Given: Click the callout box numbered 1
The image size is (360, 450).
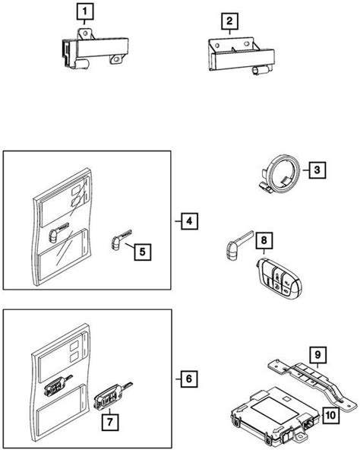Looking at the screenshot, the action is pyautogui.click(x=85, y=11).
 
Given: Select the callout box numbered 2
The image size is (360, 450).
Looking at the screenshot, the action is pyautogui.click(x=229, y=21).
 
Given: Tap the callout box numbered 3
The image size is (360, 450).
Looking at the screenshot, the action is pyautogui.click(x=317, y=170).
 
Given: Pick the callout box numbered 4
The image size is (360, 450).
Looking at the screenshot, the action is pyautogui.click(x=189, y=221).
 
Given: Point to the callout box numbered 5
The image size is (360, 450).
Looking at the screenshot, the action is pyautogui.click(x=143, y=252).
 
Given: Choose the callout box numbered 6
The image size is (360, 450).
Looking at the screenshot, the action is pyautogui.click(x=189, y=379).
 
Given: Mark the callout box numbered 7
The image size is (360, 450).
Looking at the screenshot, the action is pyautogui.click(x=110, y=422).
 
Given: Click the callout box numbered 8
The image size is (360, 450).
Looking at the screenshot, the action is pyautogui.click(x=264, y=240).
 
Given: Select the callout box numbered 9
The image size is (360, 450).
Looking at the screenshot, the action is pyautogui.click(x=317, y=355).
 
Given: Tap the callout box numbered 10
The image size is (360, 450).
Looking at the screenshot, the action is pyautogui.click(x=330, y=415).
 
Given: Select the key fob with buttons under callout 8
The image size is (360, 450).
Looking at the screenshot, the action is pyautogui.click(x=279, y=277).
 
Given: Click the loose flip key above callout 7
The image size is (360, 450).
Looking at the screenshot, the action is pyautogui.click(x=113, y=395).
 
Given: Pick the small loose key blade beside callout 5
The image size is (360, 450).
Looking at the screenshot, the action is pyautogui.click(x=121, y=239).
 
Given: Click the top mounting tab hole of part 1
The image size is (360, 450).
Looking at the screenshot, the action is pyautogui.click(x=85, y=34).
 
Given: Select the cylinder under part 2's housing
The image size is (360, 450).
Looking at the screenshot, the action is pyautogui.click(x=261, y=71).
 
